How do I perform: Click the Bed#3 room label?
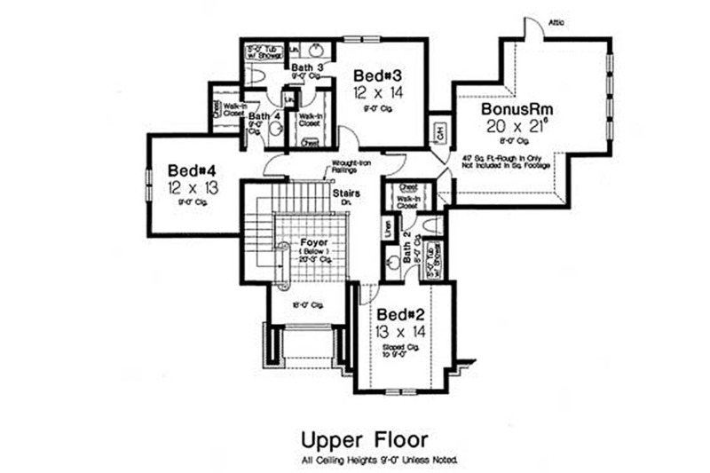pyautogui.click(x=373, y=75)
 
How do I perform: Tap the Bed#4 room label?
pyautogui.click(x=186, y=169)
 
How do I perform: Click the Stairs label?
pyautogui.click(x=345, y=192)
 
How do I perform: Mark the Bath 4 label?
pyautogui.click(x=259, y=115)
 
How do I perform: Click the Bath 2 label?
pyautogui.click(x=407, y=248)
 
